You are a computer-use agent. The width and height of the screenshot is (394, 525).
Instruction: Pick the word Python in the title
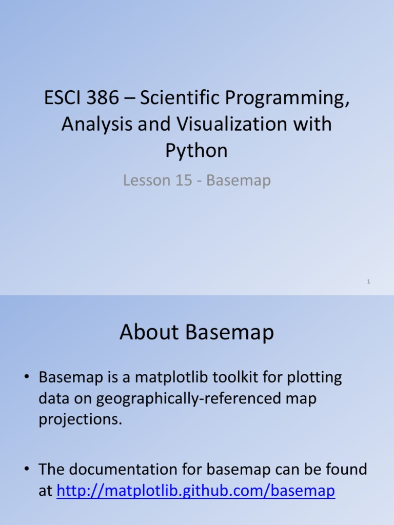(x=196, y=151)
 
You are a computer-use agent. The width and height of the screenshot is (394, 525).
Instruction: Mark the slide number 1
(x=369, y=282)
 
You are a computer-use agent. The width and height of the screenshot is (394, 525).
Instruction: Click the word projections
(x=81, y=419)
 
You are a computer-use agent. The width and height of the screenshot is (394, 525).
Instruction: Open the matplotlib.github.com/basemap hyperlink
(x=195, y=491)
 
